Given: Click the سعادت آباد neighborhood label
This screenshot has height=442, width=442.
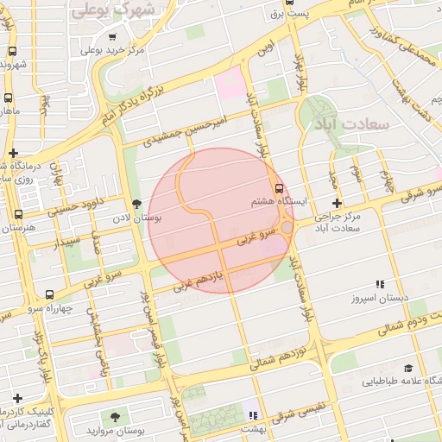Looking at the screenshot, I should coord(355,124).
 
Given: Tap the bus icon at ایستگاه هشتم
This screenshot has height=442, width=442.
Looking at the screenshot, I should coord(278,188).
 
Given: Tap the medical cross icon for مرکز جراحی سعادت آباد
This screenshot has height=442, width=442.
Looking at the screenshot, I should coord(336,204).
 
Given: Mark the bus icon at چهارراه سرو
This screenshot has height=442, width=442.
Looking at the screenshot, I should coord(49,295).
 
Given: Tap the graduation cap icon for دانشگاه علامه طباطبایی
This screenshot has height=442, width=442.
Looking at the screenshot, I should coord(407,368).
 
